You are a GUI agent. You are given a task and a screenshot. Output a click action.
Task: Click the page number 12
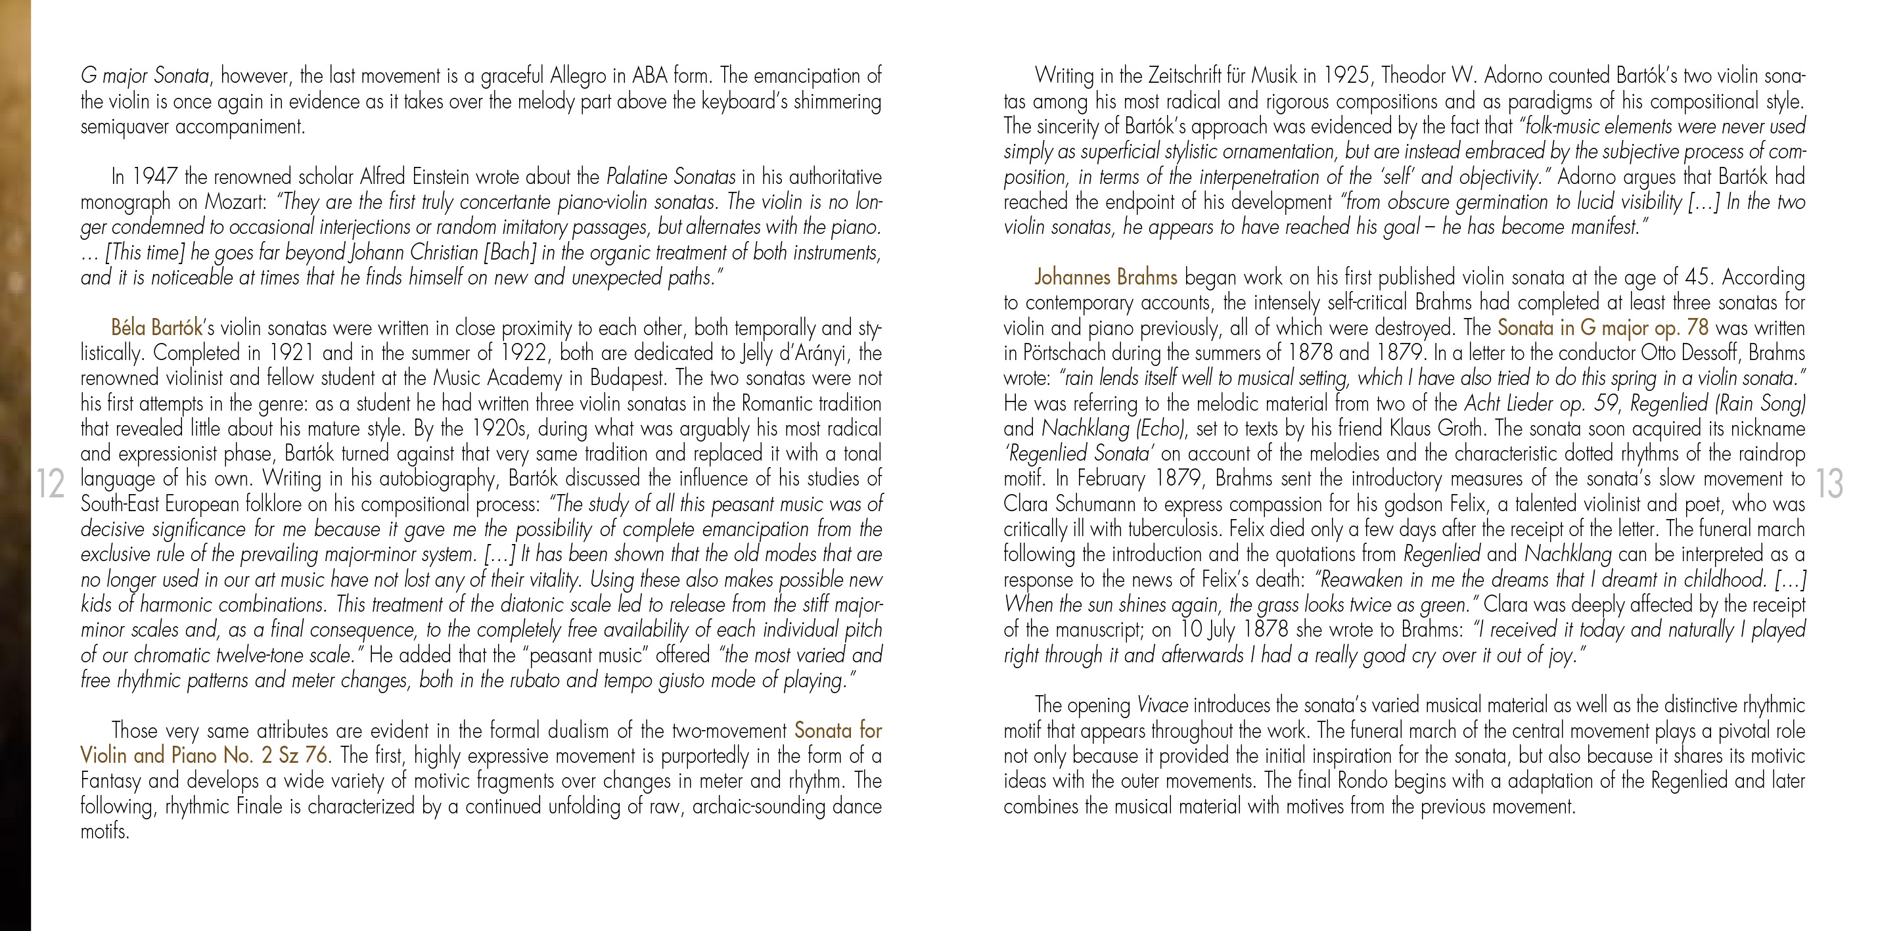tap(51, 484)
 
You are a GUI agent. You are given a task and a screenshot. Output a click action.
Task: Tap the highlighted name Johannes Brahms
tap(1105, 277)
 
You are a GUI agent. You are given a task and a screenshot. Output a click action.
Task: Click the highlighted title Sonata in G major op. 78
tap(1603, 327)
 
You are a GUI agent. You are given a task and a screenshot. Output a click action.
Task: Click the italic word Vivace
tap(1162, 705)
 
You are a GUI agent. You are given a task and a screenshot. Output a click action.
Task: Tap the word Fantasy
tap(111, 781)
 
